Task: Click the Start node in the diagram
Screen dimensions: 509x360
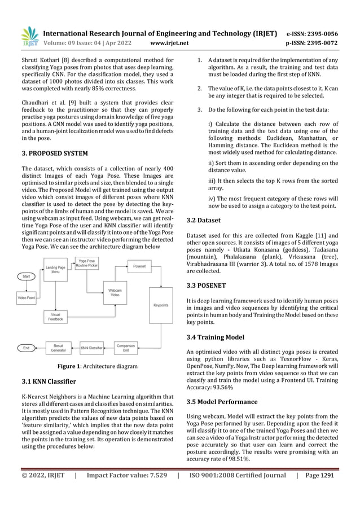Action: pyautogui.click(x=27, y=277)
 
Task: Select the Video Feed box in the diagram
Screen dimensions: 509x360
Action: pyautogui.click(x=27, y=297)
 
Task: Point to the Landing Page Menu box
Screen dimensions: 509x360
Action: pyautogui.click(x=55, y=270)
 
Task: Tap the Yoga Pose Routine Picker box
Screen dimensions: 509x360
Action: pyautogui.click(x=87, y=263)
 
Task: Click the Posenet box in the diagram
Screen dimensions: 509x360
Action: pyautogui.click(x=138, y=265)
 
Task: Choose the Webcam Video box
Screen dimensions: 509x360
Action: pyautogui.click(x=115, y=292)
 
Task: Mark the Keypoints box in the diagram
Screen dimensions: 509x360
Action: pyautogui.click(x=161, y=305)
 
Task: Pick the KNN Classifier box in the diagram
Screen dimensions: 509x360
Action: pyautogui.click(x=91, y=348)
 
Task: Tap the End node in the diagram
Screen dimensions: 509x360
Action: pyautogui.click(x=26, y=348)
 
